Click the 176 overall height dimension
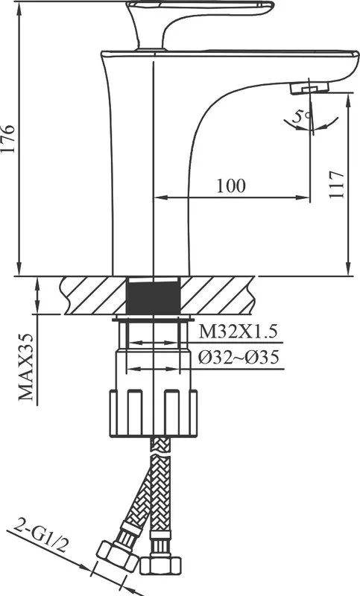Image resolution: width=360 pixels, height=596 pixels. coord(8,139)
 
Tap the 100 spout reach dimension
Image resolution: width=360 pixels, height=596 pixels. coord(231,186)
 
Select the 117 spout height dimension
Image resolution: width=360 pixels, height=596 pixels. coord(336,184)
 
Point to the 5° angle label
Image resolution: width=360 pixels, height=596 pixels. coord(303,115)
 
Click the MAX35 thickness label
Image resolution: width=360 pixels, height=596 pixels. coord(26,367)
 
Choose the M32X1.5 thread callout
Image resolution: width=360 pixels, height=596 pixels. coord(239,332)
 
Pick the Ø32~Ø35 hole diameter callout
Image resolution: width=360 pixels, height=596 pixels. coord(239,358)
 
